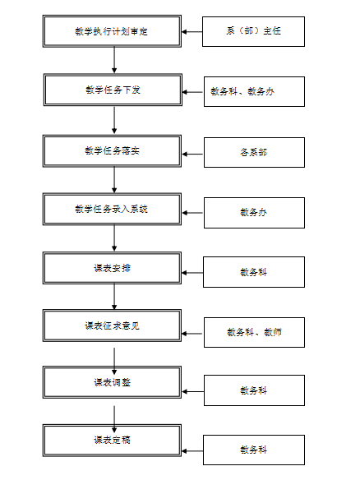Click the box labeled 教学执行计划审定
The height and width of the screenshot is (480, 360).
pos(112,31)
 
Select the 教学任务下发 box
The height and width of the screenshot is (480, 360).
pos(113,90)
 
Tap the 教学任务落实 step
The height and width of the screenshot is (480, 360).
pos(112,151)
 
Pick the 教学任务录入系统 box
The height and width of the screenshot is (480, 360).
pos(112,209)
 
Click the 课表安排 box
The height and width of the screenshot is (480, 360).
pos(112,268)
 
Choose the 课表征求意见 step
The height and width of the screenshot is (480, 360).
pos(112,325)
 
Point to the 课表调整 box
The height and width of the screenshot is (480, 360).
pos(112,382)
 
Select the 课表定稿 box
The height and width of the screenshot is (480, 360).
pos(112,441)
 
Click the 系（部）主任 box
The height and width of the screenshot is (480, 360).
pos(253,31)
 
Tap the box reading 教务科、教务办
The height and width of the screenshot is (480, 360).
pos(255,91)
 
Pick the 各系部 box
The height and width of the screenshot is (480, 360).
pos(255,152)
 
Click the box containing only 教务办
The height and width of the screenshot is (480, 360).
pos(255,213)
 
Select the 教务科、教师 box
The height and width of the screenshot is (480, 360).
pos(255,332)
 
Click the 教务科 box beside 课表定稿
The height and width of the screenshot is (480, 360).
pos(254,450)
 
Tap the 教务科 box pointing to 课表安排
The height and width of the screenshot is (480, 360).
pos(254,272)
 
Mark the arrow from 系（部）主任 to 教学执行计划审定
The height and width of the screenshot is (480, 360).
pos(192,31)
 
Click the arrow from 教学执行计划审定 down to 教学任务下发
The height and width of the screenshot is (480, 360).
pos(114,60)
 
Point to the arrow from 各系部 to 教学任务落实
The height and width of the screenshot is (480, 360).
pos(193,154)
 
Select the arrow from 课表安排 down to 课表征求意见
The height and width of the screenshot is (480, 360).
pos(114,297)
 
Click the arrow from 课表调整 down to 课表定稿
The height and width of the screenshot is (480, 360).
pos(114,419)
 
